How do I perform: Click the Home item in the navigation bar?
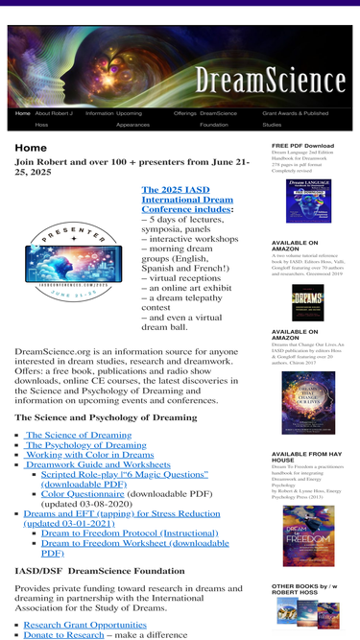[22, 113]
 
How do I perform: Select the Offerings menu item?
[184, 113]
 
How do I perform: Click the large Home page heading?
[31, 148]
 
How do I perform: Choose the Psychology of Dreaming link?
[85, 445]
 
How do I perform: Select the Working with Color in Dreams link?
[91, 455]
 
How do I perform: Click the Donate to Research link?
[63, 634]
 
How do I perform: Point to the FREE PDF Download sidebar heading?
[302, 146]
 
